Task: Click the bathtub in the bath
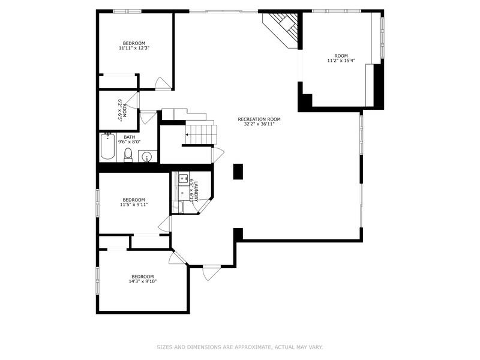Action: coord(107,148)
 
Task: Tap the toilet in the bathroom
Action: coord(128,155)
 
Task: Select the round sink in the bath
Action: coord(148,157)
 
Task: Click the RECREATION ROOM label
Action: coord(259,119)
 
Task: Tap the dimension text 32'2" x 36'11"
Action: coord(259,124)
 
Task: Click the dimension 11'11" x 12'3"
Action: coord(134,48)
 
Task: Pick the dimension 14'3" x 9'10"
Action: coord(142,281)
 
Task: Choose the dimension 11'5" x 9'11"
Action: coord(134,205)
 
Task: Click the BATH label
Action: coord(130,137)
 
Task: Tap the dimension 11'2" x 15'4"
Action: coord(341,61)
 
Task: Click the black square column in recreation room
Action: coord(238,171)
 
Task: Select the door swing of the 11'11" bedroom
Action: coord(163,83)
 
